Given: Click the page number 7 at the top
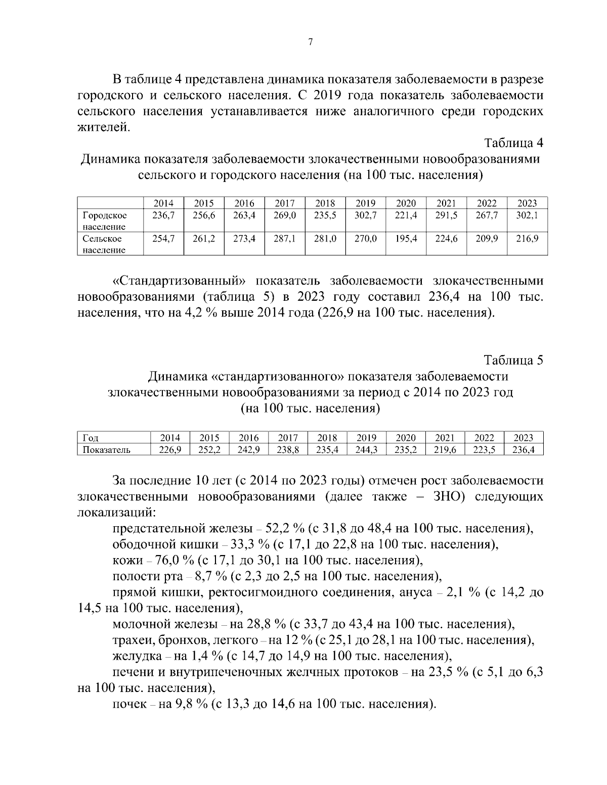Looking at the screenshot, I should click(x=310, y=42).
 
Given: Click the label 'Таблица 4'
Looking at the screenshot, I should click(x=513, y=143).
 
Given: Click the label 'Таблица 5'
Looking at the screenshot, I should click(x=513, y=360).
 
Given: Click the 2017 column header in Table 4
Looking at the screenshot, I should click(x=285, y=203).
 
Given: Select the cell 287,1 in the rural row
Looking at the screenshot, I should click(x=285, y=239).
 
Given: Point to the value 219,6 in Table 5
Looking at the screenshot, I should click(x=445, y=449).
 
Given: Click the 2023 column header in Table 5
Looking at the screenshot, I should click(x=524, y=438).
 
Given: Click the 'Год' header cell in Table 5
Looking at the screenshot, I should click(x=91, y=438).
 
